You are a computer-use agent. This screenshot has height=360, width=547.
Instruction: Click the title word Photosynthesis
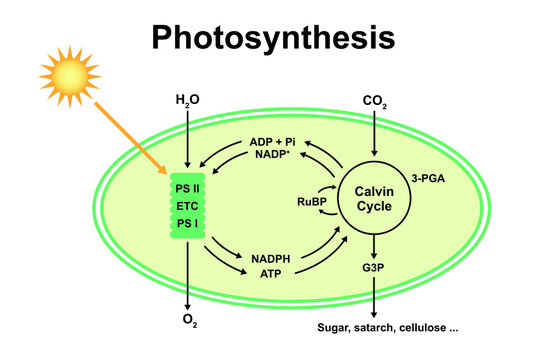point(273,37)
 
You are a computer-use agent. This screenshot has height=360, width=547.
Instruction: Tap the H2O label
point(187,101)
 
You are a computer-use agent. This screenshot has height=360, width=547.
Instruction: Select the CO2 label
point(374,101)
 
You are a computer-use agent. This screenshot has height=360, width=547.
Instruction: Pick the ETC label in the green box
point(187,206)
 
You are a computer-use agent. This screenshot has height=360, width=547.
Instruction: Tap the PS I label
point(187,223)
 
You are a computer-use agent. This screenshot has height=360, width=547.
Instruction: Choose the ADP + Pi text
point(273,143)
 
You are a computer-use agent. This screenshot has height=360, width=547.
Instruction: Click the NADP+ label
point(273,158)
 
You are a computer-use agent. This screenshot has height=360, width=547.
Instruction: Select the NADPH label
point(270,258)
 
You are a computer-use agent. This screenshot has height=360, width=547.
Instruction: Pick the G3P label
point(373,269)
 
